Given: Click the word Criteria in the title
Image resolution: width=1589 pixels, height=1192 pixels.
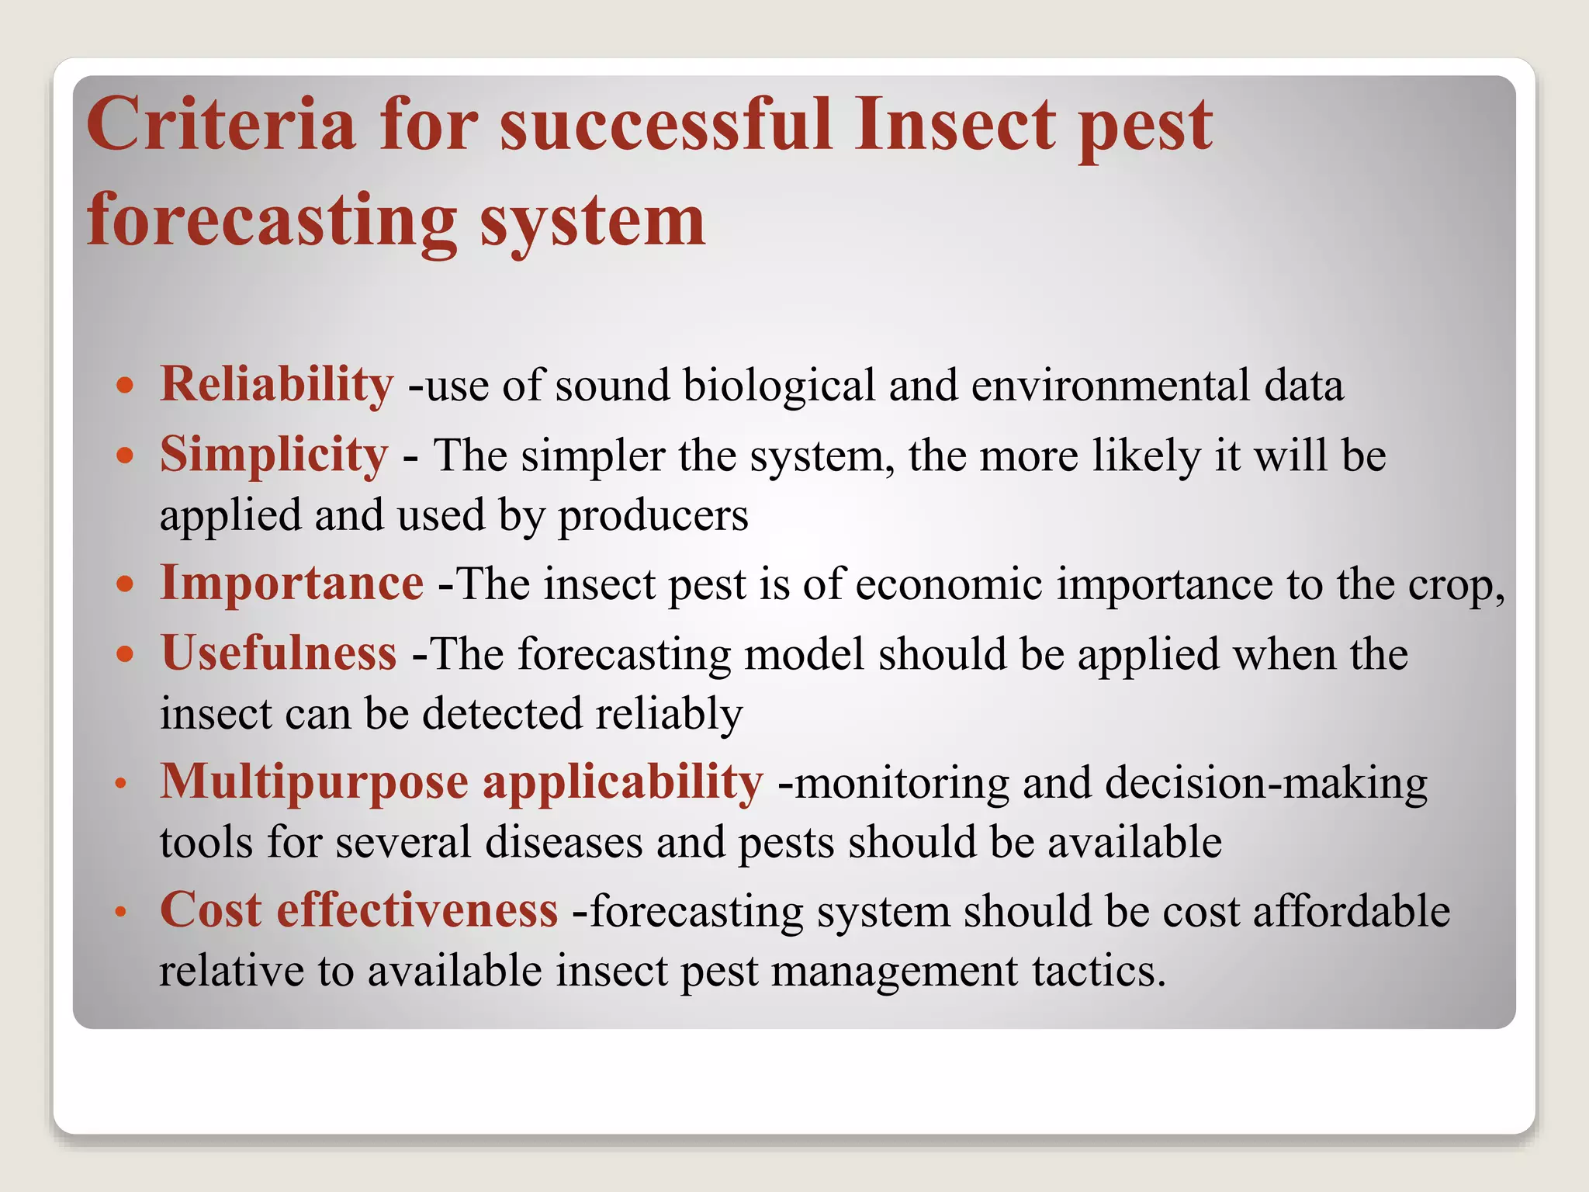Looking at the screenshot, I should point(220,124).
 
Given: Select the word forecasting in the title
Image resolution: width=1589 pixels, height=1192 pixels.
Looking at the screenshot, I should point(272,221).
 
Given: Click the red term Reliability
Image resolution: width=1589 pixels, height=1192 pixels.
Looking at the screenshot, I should point(276,384).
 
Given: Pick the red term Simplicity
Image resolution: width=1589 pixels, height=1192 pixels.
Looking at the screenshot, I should point(273,455).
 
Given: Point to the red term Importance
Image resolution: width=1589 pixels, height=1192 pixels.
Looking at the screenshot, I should point(292,584).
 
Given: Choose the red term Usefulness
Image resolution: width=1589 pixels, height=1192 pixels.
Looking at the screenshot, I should point(279,653).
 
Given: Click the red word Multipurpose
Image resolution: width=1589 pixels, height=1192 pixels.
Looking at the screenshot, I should point(313,782).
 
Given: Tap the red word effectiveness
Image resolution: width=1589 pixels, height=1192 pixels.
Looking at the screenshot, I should point(417,910).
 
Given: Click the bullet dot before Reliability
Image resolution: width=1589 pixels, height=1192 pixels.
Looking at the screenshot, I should point(125,385).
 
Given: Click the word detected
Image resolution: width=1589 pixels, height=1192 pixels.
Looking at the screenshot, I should point(501,713).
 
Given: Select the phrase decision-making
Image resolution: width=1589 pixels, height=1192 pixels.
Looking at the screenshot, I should point(1265,783).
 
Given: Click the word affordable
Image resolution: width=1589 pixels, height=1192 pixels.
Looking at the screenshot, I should point(1351,911).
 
